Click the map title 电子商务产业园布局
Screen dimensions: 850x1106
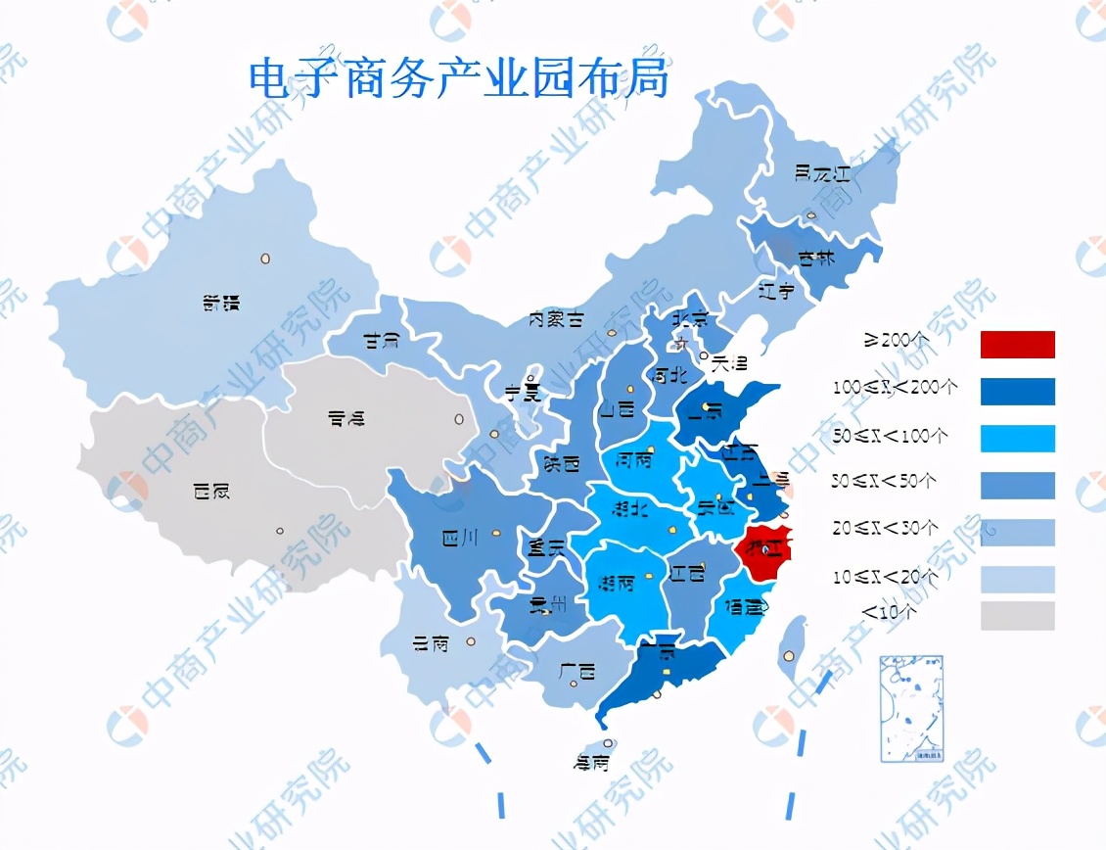coord(459,79)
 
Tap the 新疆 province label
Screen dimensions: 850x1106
coord(221,304)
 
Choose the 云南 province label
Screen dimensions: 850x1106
coord(431,644)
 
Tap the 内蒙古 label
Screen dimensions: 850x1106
coord(556,319)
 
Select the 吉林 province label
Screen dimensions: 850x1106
coord(814,259)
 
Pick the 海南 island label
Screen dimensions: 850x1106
coord(590,762)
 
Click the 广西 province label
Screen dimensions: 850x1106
coord(577,673)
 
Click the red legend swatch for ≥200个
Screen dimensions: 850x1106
coord(1017,345)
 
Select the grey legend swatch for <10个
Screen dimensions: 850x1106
coord(1017,616)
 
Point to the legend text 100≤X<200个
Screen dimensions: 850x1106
coord(895,388)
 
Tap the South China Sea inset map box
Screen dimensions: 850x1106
coord(911,708)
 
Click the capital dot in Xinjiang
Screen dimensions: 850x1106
coord(264,259)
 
